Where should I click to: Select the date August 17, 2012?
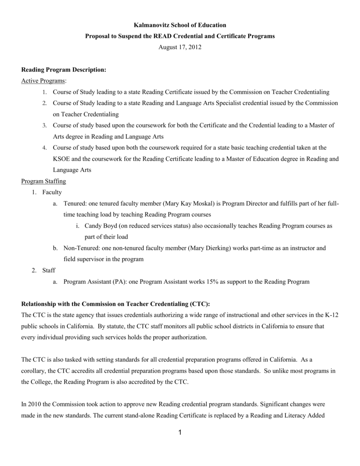pos(180,47)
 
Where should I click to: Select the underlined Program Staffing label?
pos(44,181)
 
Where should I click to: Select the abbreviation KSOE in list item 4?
pos(62,159)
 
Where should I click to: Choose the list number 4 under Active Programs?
pos(44,148)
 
